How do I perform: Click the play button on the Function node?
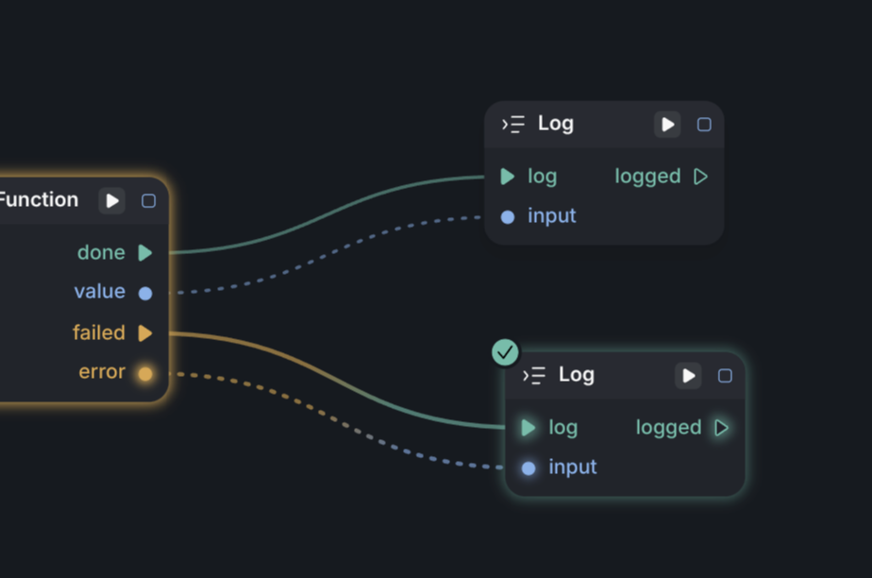[112, 200]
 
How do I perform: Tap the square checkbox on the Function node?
[148, 200]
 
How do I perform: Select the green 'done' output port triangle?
[145, 253]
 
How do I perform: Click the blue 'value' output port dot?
[145, 293]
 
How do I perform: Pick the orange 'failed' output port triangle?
[145, 332]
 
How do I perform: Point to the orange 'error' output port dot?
[145, 373]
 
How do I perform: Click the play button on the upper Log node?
[667, 124]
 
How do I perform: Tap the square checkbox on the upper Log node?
[704, 124]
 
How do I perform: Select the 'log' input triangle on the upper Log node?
[508, 177]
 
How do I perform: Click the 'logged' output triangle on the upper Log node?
[700, 177]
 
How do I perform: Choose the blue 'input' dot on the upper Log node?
[508, 217]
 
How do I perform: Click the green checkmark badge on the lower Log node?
[506, 352]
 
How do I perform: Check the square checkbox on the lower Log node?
[725, 376]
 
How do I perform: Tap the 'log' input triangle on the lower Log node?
[528, 428]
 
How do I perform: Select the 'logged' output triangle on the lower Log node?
[721, 428]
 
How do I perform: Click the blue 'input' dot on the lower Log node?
[528, 468]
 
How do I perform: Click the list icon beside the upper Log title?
[513, 124]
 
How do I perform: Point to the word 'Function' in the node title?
[38, 199]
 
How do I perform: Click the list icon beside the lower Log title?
[534, 375]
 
